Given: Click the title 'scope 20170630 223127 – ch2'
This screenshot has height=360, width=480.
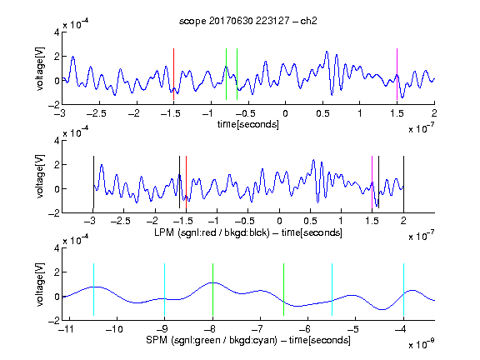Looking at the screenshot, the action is tap(248, 21).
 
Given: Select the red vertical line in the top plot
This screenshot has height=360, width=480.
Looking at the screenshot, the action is tap(173, 74).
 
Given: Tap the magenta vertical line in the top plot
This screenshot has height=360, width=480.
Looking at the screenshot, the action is tap(397, 74).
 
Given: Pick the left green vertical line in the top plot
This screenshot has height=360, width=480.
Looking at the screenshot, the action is tap(226, 74).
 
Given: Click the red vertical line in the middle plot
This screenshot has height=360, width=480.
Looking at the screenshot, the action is tap(186, 182).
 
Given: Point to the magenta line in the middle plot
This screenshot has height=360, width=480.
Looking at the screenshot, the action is tap(372, 182).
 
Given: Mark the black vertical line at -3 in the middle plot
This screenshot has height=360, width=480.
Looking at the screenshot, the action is tap(93, 182).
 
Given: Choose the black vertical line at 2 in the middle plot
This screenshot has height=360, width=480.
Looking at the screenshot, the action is tap(403, 182).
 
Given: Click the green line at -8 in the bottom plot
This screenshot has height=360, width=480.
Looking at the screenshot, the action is tap(212, 289).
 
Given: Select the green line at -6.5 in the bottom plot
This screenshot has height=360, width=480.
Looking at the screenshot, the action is tap(284, 289).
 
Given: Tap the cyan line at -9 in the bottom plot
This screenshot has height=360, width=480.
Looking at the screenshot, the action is tap(165, 289).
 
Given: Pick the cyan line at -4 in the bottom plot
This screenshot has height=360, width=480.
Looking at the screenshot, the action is tap(403, 289).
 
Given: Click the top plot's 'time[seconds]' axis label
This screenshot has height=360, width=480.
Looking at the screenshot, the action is tap(248, 124).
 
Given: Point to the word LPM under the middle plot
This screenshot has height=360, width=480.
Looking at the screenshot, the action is tap(164, 232).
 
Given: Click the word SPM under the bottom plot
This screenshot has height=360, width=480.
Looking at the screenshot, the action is tap(157, 340).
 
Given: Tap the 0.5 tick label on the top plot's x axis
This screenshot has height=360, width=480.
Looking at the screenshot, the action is tap(322, 113).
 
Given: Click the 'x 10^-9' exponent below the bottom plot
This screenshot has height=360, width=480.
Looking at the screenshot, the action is tap(421, 343).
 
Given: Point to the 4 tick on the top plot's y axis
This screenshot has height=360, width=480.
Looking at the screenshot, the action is tap(57, 32).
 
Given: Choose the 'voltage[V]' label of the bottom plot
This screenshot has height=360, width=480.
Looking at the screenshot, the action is tap(40, 284).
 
